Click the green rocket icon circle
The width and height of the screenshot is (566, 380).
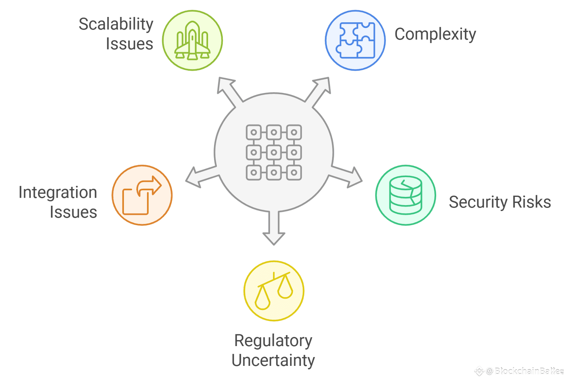pos(192,40)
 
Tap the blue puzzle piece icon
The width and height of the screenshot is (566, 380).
pos(355,40)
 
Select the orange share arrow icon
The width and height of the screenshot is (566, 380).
pos(142,195)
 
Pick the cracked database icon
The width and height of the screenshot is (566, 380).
pos(405,195)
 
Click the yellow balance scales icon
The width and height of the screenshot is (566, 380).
pos(274,291)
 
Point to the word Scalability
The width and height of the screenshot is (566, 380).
pos(116,25)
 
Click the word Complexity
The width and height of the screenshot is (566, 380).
pos(435,35)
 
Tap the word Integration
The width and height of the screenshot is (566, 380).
pos(58,193)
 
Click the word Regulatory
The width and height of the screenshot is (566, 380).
pos(273,341)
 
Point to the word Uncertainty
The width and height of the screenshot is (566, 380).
pos(273,361)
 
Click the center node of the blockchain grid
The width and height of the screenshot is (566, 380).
pos(274,152)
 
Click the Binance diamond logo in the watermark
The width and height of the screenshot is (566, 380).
pos(479,371)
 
